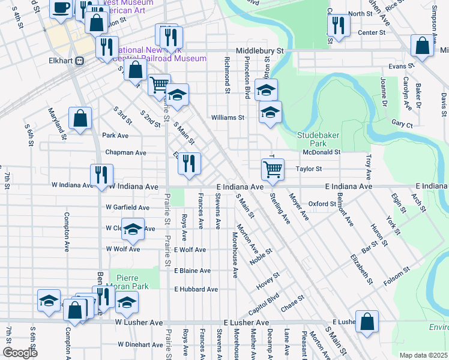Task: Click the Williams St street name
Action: click(x=227, y=118)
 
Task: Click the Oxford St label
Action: click(x=322, y=204)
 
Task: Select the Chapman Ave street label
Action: click(x=125, y=152)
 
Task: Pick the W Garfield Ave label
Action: click(x=127, y=208)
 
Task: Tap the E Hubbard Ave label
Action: click(x=196, y=289)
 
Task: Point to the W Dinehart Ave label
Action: click(x=140, y=344)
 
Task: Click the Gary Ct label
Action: click(x=402, y=125)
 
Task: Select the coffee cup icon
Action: click(x=60, y=8)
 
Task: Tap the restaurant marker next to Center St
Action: click(x=338, y=25)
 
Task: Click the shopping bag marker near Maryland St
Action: click(x=80, y=118)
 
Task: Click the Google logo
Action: click(x=20, y=353)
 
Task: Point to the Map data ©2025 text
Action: click(x=423, y=355)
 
